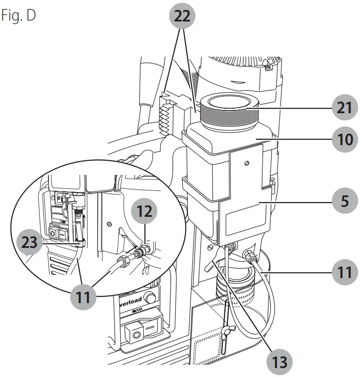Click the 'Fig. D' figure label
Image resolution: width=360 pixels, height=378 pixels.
coord(18,15)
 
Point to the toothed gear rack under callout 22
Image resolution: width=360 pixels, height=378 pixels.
coord(165,115)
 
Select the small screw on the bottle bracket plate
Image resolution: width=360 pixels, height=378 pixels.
coord(247,163)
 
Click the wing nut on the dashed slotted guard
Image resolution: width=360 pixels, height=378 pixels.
coord(226,331)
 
